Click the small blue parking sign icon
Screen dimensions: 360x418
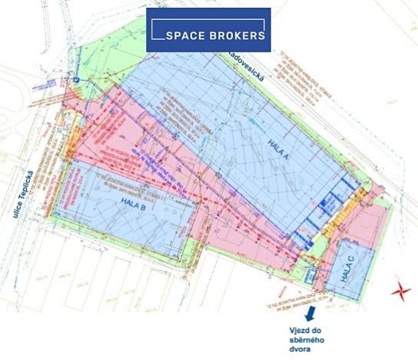point(77,78)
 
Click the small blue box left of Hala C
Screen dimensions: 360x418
point(310,272)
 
